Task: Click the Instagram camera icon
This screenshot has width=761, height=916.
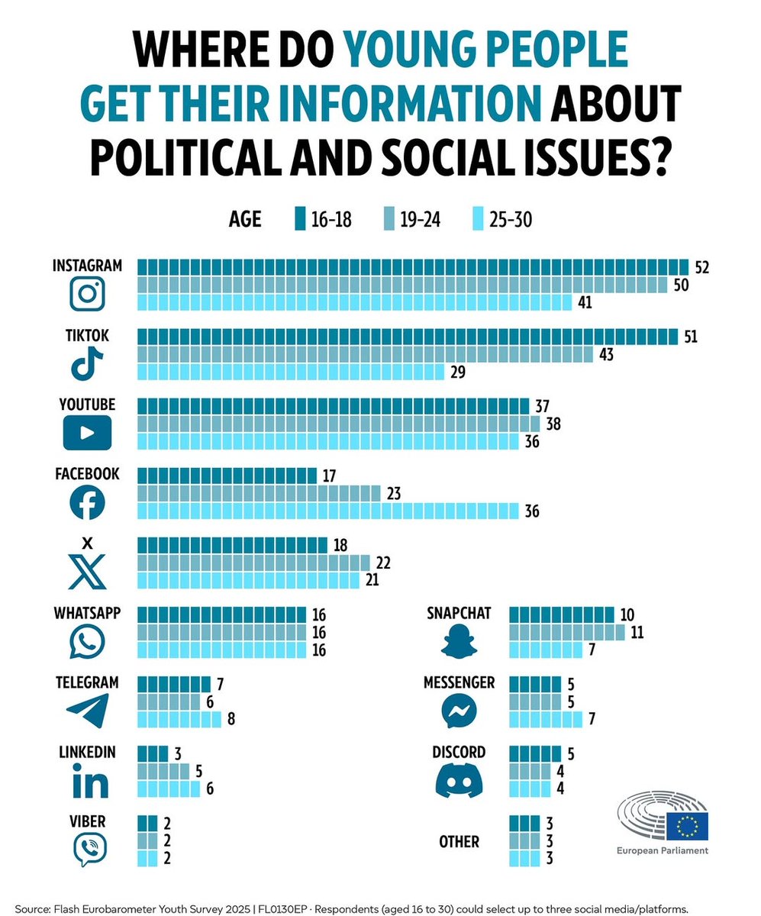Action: (x=86, y=294)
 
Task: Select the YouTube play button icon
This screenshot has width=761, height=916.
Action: (x=86, y=433)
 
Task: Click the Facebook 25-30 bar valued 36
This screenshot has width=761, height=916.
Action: (x=327, y=511)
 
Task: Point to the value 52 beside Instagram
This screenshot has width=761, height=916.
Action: (x=702, y=267)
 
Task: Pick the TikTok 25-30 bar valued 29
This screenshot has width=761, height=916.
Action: (x=291, y=372)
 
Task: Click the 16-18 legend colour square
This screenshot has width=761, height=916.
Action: (x=298, y=220)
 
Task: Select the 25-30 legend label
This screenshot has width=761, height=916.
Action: (x=511, y=220)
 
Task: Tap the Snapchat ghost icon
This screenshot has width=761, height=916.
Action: (x=459, y=640)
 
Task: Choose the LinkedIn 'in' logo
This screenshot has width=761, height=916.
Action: (x=89, y=783)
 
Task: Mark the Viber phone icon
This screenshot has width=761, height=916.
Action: (x=89, y=848)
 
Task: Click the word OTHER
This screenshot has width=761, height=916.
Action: (x=459, y=842)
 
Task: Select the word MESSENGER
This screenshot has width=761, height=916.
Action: (x=459, y=682)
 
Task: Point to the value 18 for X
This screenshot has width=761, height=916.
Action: (x=342, y=546)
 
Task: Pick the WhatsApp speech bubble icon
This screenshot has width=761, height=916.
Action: (x=87, y=642)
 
